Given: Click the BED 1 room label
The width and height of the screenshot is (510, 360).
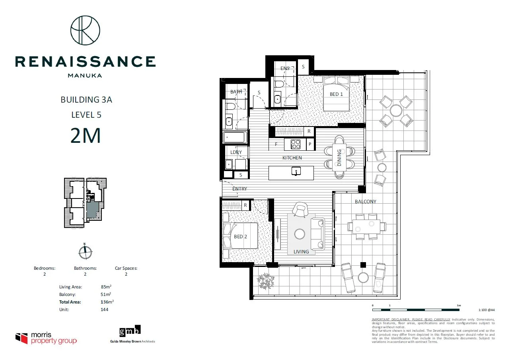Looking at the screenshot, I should [336, 94].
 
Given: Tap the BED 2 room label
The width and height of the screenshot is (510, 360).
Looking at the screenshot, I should [240, 237].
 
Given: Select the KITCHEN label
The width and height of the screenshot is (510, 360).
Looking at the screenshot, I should [292, 158].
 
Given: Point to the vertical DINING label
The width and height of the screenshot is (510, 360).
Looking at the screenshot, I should [339, 157].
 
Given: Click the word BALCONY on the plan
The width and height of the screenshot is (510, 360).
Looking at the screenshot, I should [365, 202].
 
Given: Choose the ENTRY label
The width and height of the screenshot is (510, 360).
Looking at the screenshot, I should [239, 189].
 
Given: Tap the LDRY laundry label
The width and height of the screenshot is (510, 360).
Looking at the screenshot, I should [236, 152].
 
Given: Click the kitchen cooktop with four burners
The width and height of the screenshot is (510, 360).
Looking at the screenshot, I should [296, 144].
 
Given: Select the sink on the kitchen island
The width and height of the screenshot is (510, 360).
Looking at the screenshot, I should [296, 171].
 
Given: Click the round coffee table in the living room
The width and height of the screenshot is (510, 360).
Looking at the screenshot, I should [300, 234].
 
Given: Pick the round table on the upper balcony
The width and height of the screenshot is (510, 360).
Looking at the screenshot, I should [396, 110].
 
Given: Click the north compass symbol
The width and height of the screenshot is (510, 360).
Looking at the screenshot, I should [85, 252].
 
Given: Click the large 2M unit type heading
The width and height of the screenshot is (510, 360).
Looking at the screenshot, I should [86, 136].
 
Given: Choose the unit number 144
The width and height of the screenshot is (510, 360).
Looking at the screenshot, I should [105, 309].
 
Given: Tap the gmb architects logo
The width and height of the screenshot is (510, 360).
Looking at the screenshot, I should [130, 331].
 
